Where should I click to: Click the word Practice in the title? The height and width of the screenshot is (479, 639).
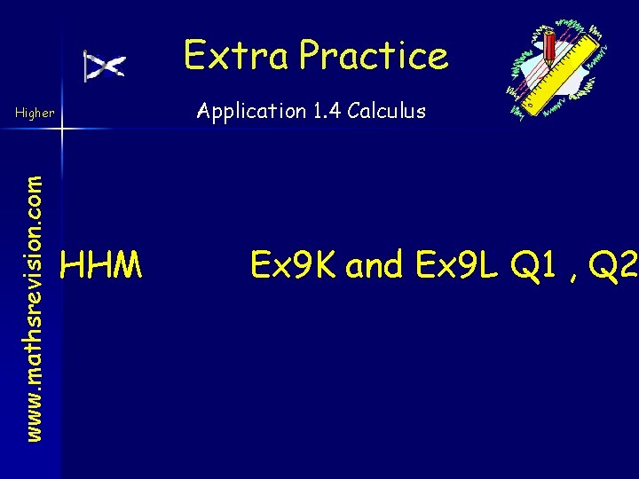374,55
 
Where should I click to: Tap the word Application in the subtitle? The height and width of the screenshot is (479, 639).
250,112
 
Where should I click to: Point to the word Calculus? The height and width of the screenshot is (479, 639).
387,112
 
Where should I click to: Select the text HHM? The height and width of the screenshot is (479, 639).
100,263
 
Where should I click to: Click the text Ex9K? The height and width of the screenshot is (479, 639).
294,263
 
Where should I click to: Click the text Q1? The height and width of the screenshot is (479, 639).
541,263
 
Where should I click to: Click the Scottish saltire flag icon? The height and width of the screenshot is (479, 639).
107,66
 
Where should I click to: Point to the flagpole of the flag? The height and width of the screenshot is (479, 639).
85,67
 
